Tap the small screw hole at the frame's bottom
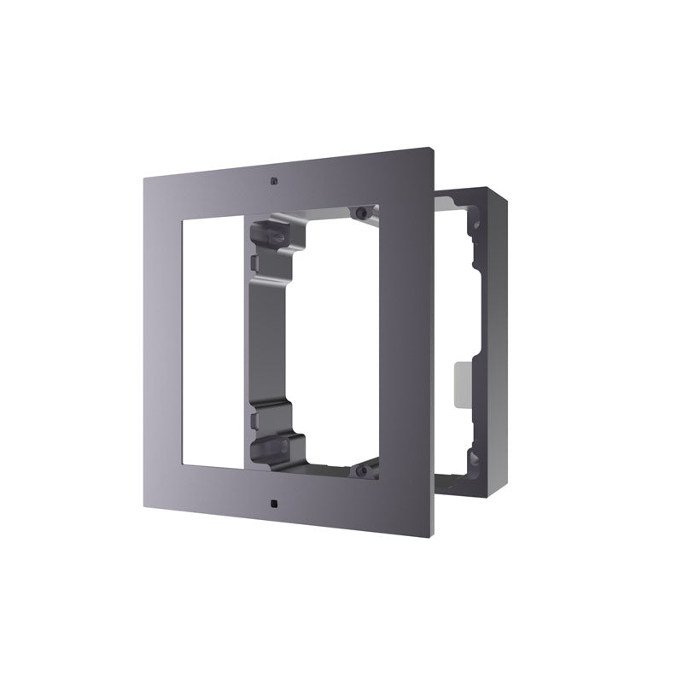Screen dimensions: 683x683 pyautogui.click(x=272, y=503)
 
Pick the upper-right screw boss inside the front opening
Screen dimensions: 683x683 pyautogui.click(x=363, y=213)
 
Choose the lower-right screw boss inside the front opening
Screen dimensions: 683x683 pyautogui.click(x=364, y=468)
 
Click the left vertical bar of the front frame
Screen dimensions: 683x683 pyautogui.click(x=164, y=341)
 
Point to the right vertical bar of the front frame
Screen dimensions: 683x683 pyautogui.click(x=406, y=341)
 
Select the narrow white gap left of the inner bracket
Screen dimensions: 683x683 pyautogui.click(x=239, y=341)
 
